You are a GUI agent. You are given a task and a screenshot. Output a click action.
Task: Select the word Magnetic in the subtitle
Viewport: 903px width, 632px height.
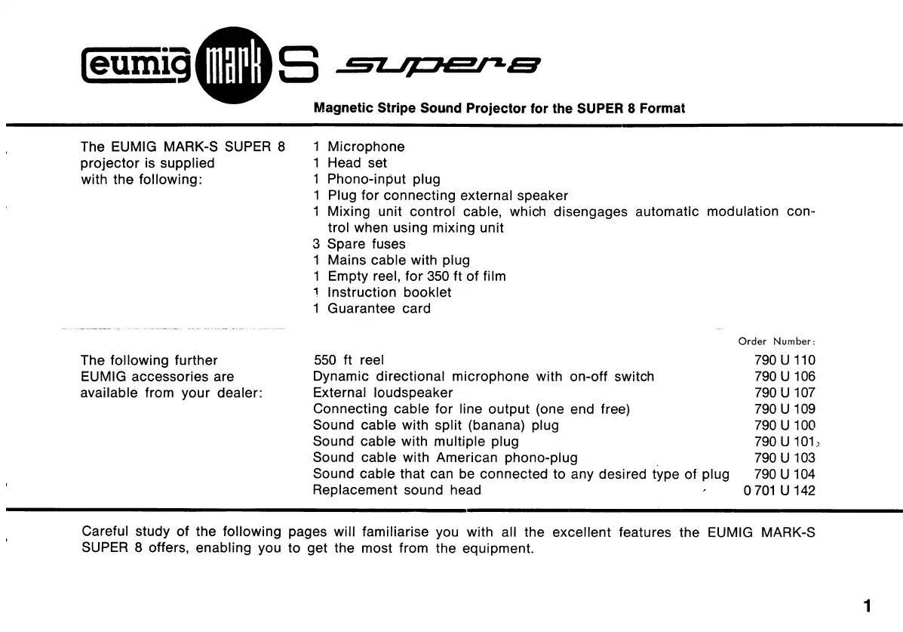(x=342, y=108)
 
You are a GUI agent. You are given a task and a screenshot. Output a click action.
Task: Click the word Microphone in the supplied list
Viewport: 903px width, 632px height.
(x=366, y=146)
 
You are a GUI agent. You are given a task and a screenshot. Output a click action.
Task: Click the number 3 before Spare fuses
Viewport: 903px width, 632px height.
(x=317, y=244)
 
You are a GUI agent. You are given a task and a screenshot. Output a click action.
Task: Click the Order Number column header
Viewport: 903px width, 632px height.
(x=776, y=342)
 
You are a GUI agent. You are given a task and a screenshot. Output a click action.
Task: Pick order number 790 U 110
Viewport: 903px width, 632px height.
(x=785, y=361)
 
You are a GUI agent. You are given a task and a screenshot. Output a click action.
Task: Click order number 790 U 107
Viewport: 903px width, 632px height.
(x=785, y=393)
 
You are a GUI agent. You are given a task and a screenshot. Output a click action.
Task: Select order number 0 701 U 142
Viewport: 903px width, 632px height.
(x=779, y=491)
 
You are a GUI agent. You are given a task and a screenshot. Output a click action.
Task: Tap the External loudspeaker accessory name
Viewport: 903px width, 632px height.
(x=383, y=393)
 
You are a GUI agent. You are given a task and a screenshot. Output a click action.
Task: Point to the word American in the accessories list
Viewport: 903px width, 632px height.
(x=467, y=458)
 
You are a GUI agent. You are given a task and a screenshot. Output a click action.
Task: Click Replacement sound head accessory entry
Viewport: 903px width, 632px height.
(x=397, y=491)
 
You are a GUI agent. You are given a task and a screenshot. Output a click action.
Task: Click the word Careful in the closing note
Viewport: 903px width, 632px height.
(x=106, y=532)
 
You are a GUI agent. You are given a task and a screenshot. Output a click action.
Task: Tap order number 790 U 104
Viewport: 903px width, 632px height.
(x=785, y=474)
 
